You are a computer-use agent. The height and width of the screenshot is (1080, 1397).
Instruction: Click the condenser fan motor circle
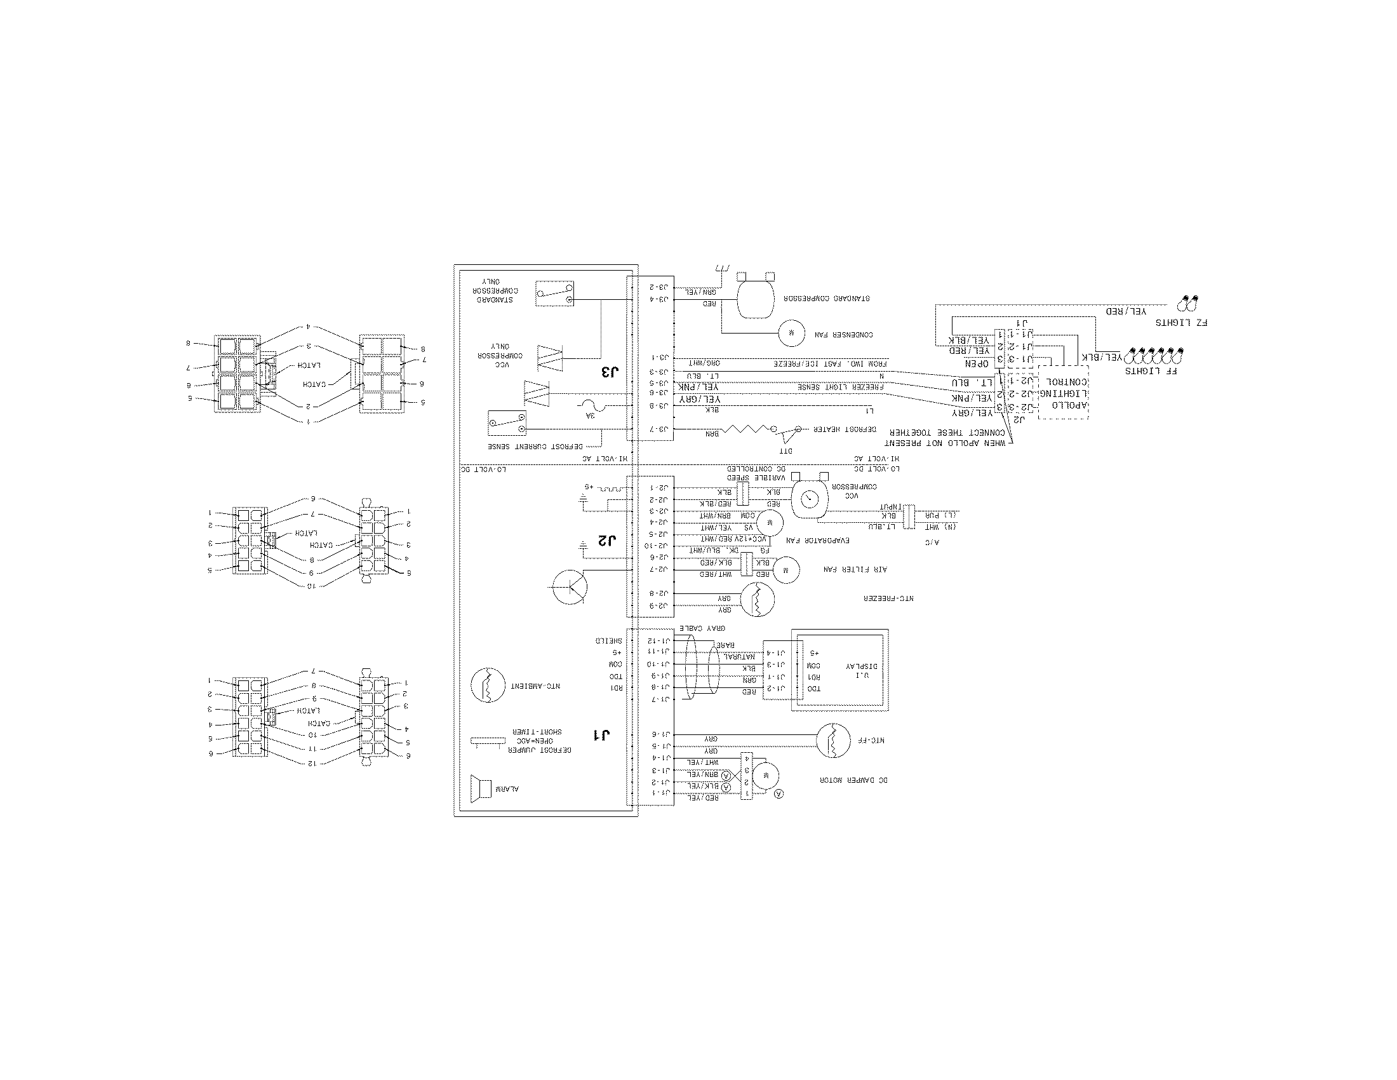(791, 334)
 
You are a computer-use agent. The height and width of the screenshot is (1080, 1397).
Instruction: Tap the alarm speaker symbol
(481, 788)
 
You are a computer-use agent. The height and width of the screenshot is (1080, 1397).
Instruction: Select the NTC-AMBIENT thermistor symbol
(488, 685)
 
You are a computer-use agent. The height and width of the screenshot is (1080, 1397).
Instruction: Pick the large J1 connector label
(601, 734)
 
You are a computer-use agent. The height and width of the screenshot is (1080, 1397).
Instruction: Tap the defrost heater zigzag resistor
(745, 429)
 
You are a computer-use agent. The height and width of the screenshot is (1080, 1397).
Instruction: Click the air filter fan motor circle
(787, 569)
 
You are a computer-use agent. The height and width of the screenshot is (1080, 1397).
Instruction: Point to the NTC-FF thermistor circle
(833, 740)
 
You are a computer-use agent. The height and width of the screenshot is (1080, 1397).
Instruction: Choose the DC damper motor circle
(765, 776)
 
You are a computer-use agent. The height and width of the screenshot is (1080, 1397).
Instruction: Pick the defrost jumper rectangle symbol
(488, 741)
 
